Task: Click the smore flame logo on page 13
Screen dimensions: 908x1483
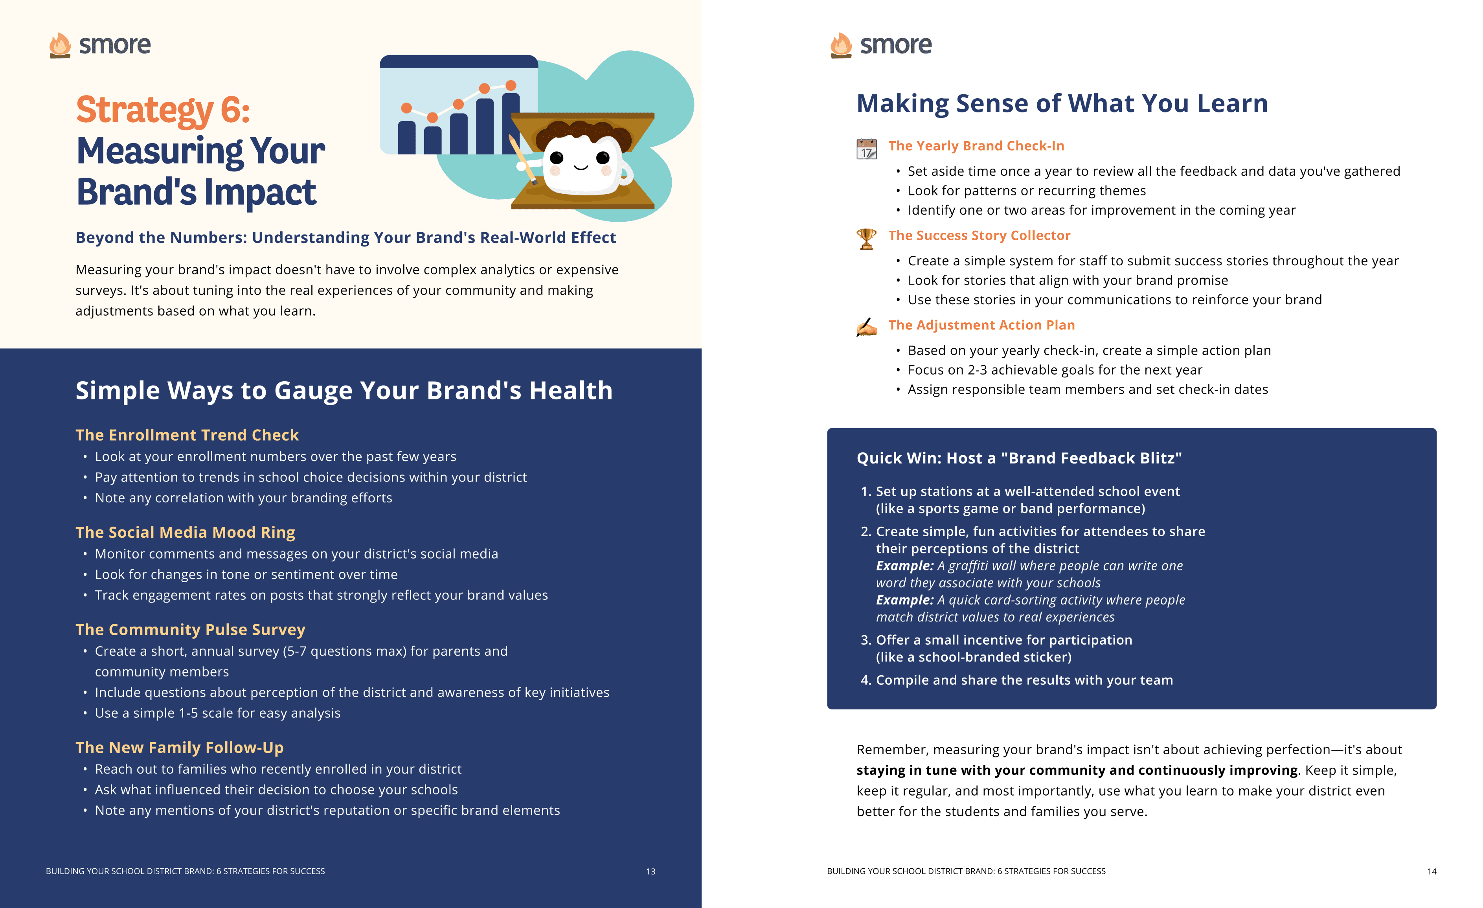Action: point(60,45)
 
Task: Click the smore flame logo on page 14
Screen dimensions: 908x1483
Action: point(841,45)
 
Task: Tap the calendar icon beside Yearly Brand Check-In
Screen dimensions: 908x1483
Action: point(866,149)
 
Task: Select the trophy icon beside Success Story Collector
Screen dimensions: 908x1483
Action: point(866,238)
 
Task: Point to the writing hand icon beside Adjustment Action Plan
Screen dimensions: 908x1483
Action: point(866,327)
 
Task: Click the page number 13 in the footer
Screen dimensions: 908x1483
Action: point(650,871)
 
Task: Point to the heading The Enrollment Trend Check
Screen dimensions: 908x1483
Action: point(187,435)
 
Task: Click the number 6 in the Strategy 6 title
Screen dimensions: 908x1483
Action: point(234,110)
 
